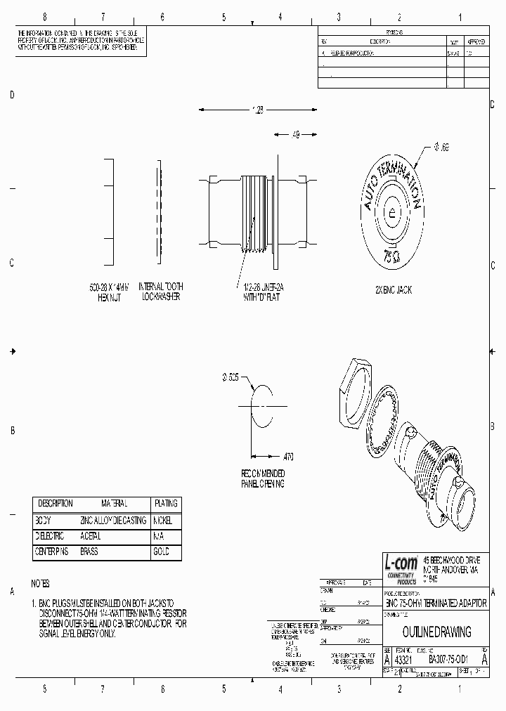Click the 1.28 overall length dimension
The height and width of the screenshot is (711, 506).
pos(257,110)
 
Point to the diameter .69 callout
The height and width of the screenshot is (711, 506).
pos(441,147)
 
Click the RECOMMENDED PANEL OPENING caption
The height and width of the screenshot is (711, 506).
pos(264,479)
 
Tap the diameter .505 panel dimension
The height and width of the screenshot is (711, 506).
pos(231,377)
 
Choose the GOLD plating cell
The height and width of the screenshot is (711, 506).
pos(161,552)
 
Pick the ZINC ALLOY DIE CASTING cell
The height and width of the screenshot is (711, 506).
pos(113,521)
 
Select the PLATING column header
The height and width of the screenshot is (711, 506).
pos(166,504)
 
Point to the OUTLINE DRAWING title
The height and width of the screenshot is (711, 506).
pos(436,632)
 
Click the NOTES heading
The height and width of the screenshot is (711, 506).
pos(41,584)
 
